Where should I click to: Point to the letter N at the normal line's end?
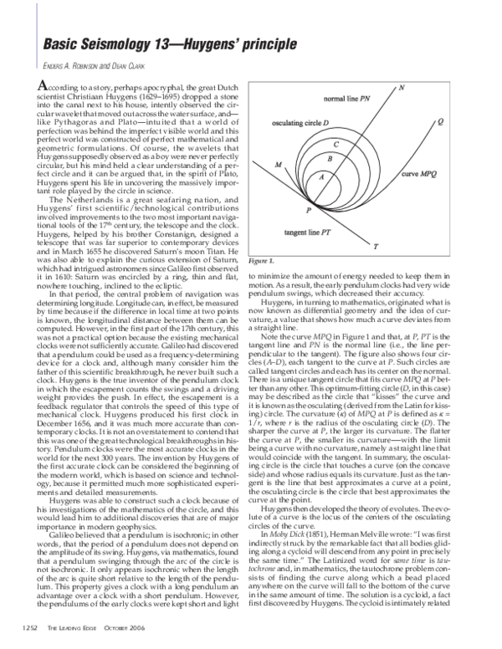(x=402, y=88)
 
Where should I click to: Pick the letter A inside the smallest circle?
(x=320, y=177)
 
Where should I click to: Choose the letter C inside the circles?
(x=335, y=144)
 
